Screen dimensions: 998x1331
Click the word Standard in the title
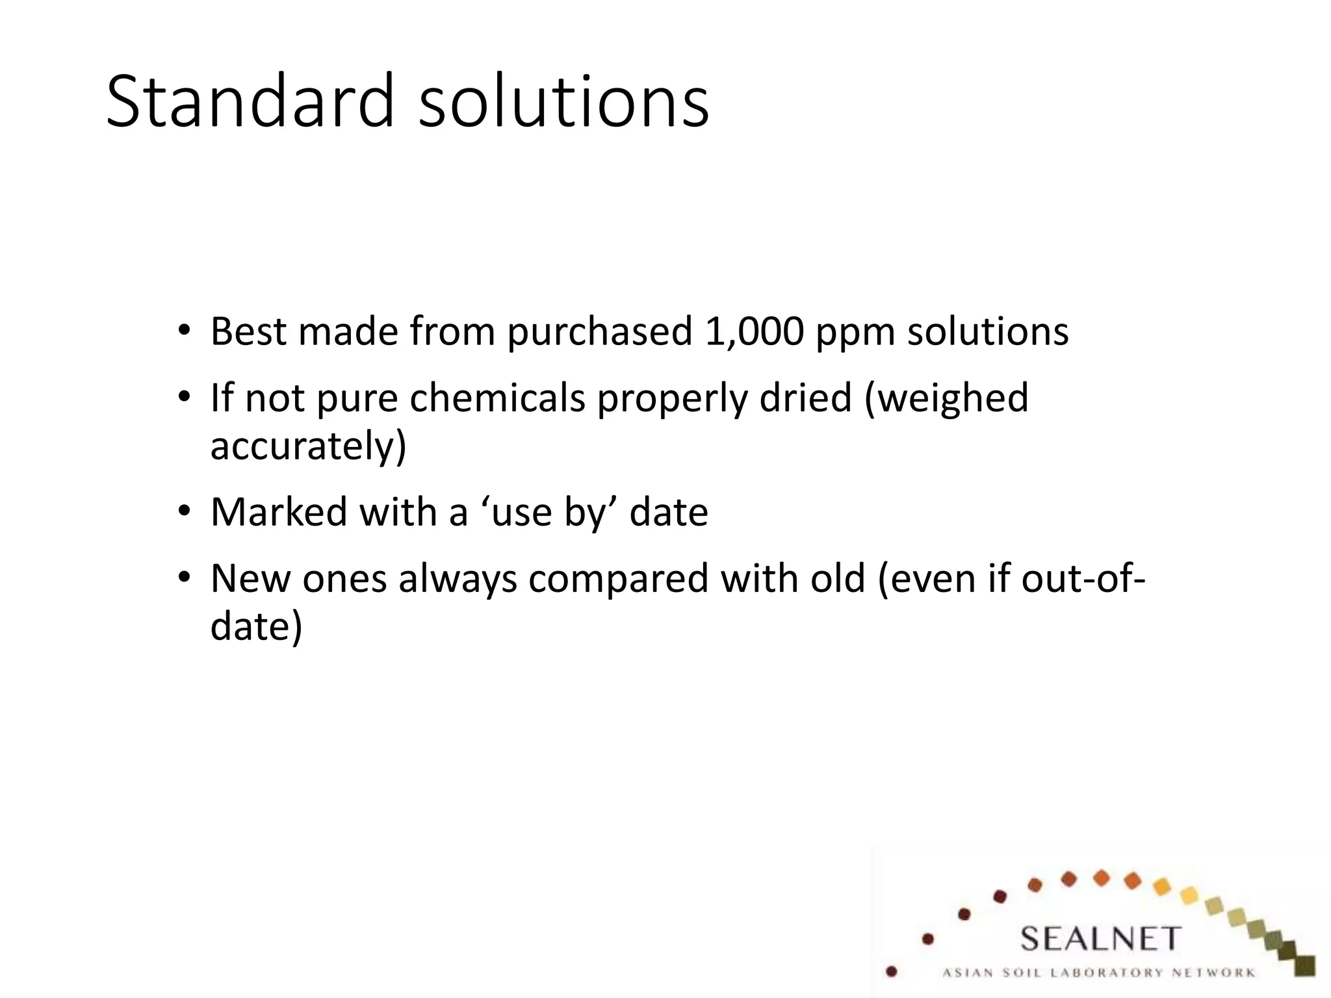(x=250, y=102)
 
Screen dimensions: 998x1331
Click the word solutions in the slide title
(x=563, y=102)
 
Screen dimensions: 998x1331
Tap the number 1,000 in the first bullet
(x=754, y=332)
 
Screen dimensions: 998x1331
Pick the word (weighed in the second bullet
(x=946, y=400)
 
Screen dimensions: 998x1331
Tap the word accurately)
(x=308, y=447)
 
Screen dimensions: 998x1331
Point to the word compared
(x=618, y=580)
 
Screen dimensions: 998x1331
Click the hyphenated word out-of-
(x=1083, y=578)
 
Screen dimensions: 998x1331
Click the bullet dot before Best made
(x=185, y=330)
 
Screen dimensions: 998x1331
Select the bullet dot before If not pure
(x=185, y=396)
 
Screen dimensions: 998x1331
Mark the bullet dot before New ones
(x=185, y=577)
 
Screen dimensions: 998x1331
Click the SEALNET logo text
(x=1100, y=940)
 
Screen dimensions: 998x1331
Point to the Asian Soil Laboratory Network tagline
(x=1098, y=973)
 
